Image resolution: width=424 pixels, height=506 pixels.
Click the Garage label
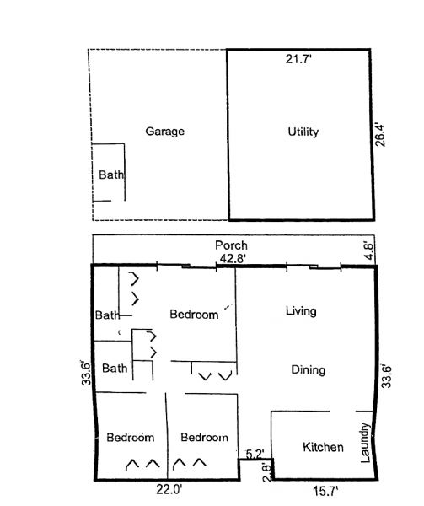point(164,132)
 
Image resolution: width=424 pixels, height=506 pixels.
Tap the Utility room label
point(303,132)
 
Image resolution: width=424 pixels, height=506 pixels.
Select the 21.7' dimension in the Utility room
point(298,59)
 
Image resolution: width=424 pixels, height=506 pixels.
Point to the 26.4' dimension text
point(380,135)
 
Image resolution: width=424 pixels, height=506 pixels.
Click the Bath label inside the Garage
point(111,175)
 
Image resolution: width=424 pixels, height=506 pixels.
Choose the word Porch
point(231,245)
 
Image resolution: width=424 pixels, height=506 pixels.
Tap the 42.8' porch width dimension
point(232,258)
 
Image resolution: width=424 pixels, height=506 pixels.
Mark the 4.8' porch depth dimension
point(369,250)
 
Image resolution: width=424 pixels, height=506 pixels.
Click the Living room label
point(301,311)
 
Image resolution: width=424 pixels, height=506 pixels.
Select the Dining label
point(309,370)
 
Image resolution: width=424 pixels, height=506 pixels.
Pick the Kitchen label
point(323,447)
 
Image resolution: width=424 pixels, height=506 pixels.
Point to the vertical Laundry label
point(364,443)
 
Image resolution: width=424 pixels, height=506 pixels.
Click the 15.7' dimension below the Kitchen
point(325,492)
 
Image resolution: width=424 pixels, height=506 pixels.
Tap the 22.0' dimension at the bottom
point(169,490)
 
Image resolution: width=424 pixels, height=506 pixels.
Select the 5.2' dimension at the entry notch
point(255,454)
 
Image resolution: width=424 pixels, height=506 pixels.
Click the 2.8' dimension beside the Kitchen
point(267,473)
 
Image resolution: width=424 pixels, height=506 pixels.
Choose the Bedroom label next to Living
point(194,315)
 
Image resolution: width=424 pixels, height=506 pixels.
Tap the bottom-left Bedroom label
point(131,438)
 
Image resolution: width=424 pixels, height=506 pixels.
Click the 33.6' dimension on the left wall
point(87,374)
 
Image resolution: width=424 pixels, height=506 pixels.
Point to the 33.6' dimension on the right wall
point(386,376)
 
